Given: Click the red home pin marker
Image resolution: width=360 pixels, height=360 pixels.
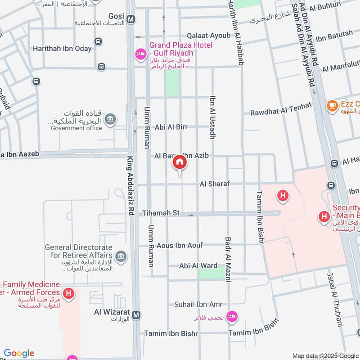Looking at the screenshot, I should [180, 163].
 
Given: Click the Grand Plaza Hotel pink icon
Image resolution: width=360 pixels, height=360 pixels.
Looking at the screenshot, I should [140, 55].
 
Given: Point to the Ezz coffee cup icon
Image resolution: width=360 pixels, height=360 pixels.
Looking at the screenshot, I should [332, 105].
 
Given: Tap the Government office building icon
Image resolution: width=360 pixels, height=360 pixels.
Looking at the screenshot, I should [110, 119].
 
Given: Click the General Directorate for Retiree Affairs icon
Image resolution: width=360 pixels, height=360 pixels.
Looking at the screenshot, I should [121, 257].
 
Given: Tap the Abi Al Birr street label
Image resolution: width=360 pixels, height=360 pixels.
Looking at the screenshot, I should [171, 127].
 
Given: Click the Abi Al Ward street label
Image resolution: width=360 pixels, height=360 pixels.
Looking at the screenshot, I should [198, 265].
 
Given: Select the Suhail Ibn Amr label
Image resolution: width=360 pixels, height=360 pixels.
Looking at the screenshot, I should [198, 305].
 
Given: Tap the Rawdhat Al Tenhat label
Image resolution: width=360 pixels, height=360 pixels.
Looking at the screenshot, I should [281, 109].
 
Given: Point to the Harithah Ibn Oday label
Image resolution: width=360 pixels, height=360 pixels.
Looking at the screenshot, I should [62, 48].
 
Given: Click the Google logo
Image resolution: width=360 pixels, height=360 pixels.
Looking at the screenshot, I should [19, 353].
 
